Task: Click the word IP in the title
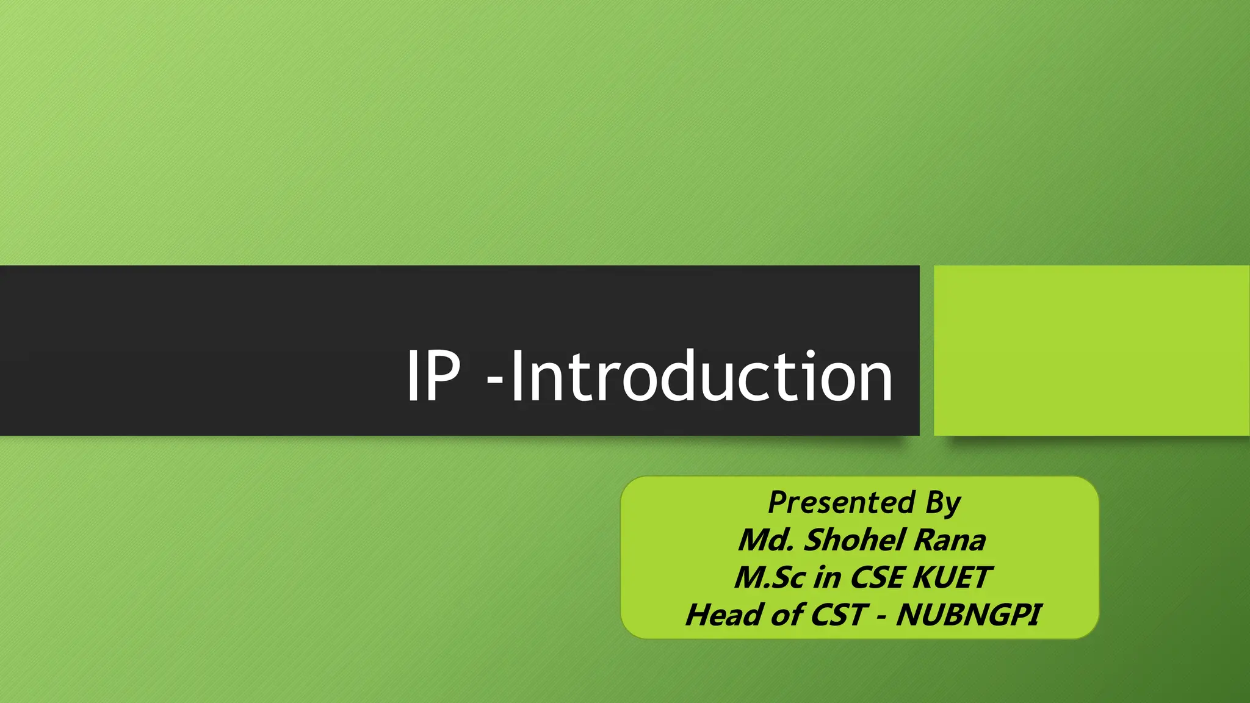point(433,377)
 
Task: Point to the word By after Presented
point(943,503)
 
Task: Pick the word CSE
point(876,577)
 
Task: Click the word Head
point(723,615)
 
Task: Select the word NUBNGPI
point(968,615)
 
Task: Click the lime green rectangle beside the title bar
point(1091,350)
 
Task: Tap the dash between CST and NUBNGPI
point(881,616)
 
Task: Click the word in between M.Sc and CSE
point(827,577)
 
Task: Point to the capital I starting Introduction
point(516,377)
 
